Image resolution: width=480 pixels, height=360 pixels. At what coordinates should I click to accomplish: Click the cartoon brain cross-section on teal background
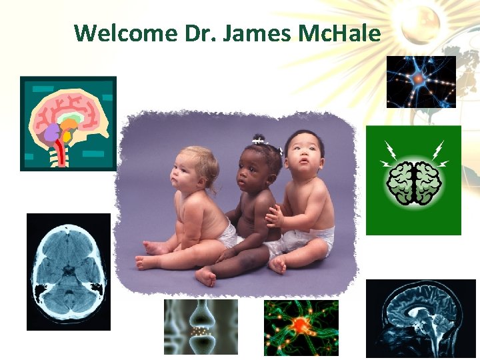68,123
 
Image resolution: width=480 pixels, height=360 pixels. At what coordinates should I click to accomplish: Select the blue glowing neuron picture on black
421,81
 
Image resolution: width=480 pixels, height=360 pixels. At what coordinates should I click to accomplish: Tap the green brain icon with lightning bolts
413,180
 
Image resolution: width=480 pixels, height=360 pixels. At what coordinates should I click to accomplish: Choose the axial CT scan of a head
69,271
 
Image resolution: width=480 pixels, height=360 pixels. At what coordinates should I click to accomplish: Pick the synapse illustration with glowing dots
201,327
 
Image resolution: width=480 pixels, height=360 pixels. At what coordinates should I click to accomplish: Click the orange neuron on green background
301,327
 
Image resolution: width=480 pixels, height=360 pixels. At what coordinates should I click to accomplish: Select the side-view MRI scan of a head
421,319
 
